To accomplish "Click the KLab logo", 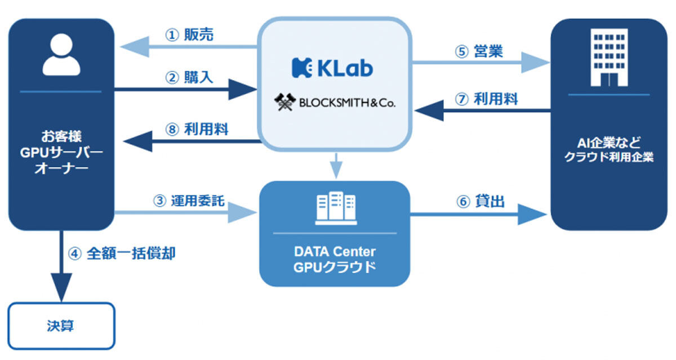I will click(332, 68).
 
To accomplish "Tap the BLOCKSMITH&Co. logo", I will click(334, 103).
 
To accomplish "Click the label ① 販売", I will click(189, 35).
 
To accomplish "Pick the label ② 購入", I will click(189, 77).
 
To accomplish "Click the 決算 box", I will click(61, 326).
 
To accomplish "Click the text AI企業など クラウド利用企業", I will click(608, 149).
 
